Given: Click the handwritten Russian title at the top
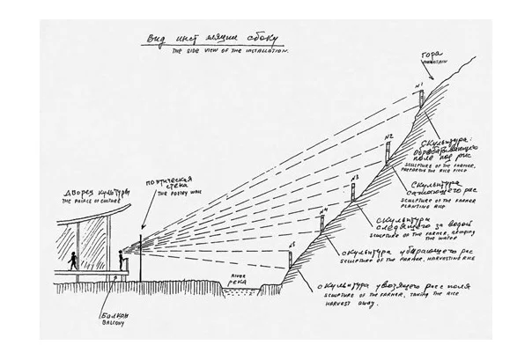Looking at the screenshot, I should [204, 40].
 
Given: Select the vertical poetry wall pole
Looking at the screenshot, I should [142, 255].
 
